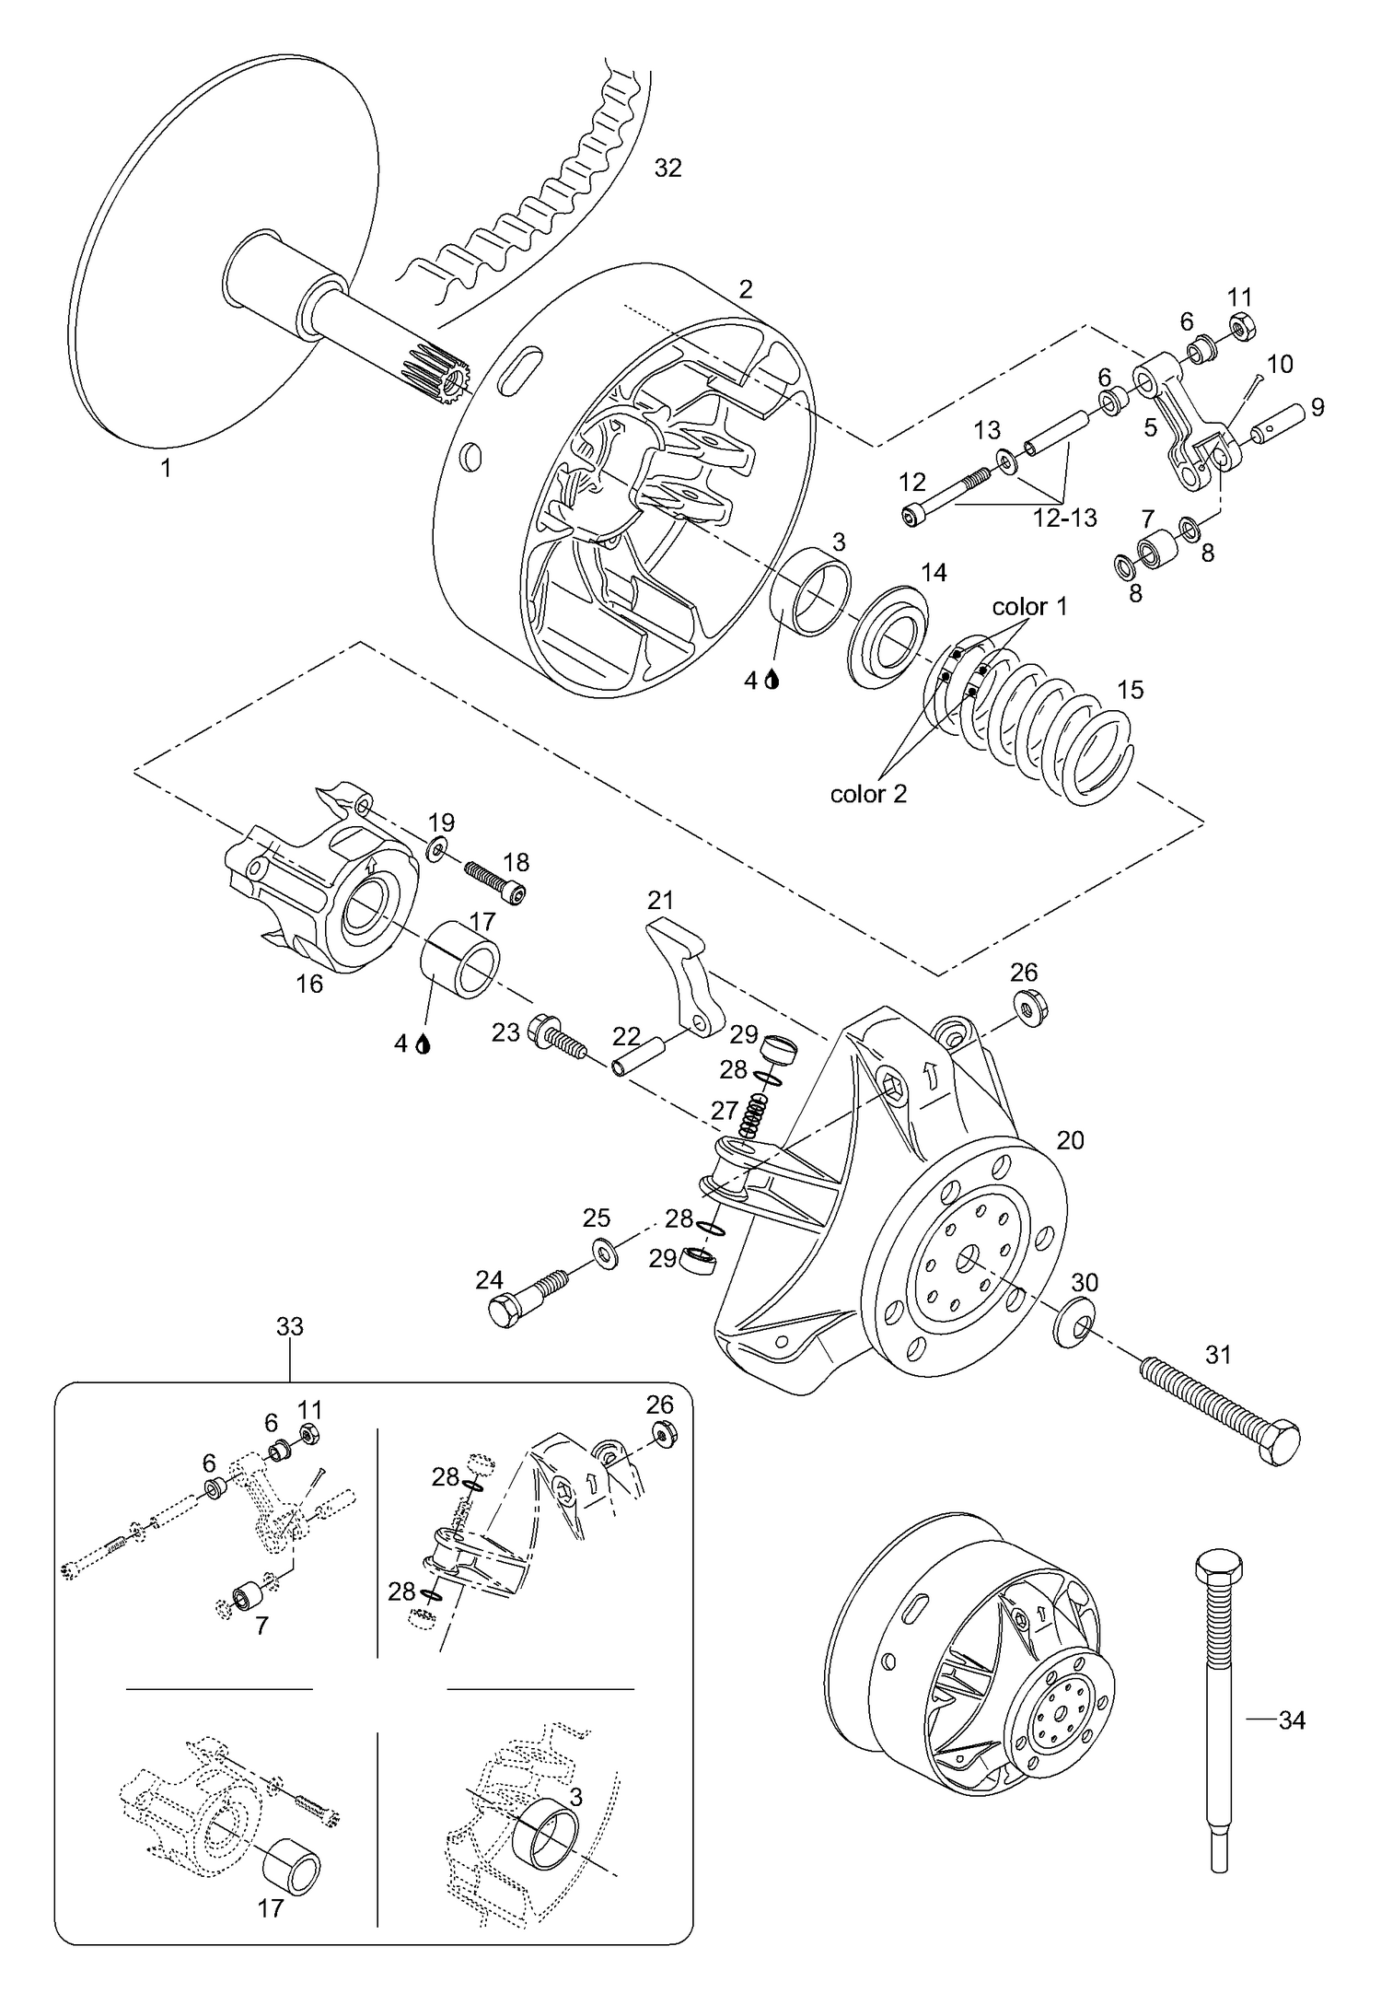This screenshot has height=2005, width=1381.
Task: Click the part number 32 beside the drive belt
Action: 667,169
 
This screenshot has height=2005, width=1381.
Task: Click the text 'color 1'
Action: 1029,607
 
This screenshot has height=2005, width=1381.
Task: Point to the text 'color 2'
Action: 868,794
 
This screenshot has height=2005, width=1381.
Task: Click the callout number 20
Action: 1070,1140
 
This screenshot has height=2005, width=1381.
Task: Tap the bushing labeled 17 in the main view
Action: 460,959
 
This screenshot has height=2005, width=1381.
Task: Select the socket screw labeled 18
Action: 497,882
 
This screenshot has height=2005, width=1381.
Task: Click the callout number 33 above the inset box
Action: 290,1326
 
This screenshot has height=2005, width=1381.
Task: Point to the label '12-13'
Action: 1065,518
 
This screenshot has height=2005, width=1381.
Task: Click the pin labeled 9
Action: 1275,421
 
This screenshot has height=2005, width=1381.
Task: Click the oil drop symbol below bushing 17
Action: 424,1044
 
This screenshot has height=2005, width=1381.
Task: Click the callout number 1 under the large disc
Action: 166,468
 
